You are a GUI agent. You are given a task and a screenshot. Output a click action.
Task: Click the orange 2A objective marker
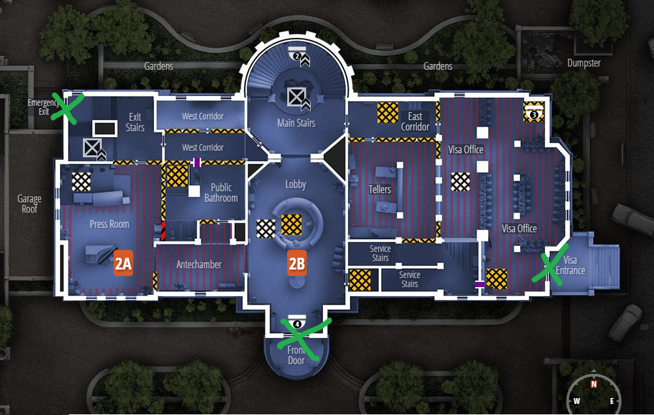123,263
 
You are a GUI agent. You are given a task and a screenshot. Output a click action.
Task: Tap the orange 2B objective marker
297,263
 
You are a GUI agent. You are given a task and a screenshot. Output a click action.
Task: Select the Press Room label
110,224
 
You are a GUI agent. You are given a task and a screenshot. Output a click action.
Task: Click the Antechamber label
199,264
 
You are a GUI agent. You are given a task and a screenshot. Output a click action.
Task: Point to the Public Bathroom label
221,193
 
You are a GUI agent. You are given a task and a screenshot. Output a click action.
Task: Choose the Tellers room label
380,190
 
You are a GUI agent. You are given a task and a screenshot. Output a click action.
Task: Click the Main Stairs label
296,123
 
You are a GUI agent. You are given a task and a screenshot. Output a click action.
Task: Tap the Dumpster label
584,63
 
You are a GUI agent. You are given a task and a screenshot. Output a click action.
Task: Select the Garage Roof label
29,204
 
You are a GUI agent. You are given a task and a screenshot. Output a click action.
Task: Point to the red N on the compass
594,384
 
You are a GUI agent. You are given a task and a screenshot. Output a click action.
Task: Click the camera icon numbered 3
534,113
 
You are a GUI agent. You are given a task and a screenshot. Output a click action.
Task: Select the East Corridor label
415,122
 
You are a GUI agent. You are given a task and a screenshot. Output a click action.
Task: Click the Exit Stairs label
135,122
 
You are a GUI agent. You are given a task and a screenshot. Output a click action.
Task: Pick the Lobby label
296,185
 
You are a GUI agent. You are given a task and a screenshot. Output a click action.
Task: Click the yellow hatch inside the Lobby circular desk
291,224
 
